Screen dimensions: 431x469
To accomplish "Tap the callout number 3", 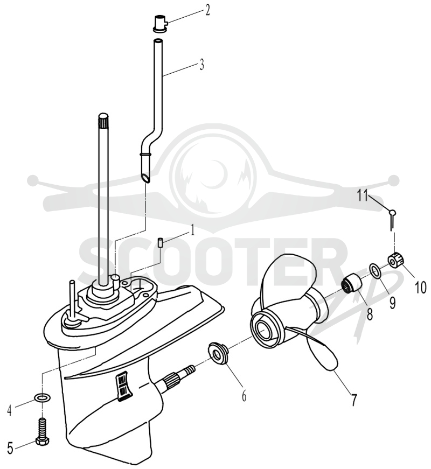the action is click(202, 64).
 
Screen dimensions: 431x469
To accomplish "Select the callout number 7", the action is click(354, 400).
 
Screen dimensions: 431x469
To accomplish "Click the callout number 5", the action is click(10, 449).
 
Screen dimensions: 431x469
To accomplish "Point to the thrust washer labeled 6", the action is click(218, 352).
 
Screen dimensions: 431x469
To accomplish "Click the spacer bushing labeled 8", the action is click(351, 282).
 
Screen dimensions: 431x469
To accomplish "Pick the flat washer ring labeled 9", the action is click(376, 270).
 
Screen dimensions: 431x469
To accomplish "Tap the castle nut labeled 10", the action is click(395, 260).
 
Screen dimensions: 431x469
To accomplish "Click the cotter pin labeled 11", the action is click(392, 219).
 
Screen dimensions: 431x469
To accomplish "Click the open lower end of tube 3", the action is click(146, 178).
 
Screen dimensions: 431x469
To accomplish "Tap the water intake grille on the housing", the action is click(122, 386).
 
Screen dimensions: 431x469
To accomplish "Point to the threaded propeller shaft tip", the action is click(189, 371).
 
